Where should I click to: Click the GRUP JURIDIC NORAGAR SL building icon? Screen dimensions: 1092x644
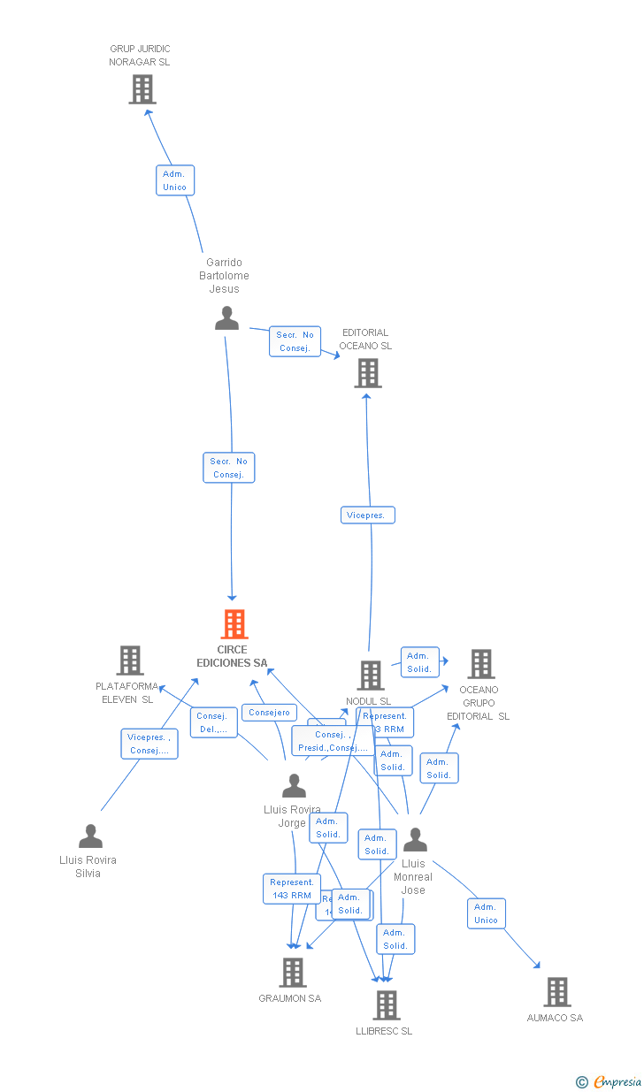(x=142, y=89)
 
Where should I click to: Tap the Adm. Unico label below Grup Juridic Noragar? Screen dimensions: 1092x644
(x=174, y=180)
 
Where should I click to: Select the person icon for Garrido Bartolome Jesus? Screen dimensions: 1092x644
(x=226, y=318)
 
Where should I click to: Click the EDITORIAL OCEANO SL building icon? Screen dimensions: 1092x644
(x=367, y=373)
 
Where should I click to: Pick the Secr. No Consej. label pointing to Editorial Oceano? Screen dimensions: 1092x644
(x=295, y=341)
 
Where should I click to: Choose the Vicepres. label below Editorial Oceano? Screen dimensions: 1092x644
(x=367, y=515)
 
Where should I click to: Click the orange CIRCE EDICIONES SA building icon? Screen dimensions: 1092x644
(x=234, y=624)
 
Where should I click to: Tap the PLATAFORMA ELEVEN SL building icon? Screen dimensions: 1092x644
(x=130, y=661)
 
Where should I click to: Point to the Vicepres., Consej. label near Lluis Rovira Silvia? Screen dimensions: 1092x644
(x=149, y=744)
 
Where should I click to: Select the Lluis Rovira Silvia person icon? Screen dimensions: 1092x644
(x=90, y=836)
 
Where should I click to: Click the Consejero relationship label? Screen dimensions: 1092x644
(x=270, y=713)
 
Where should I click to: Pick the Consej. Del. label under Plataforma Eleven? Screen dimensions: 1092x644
(x=212, y=722)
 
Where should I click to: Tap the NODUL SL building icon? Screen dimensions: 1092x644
(x=370, y=676)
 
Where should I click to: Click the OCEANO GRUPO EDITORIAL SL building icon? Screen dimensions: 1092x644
(x=480, y=664)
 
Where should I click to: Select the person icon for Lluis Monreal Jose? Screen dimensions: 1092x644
(x=415, y=840)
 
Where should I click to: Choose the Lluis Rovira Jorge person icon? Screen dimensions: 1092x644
(x=294, y=786)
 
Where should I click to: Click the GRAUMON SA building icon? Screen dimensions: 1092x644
(x=292, y=973)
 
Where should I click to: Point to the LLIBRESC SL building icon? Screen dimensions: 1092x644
(x=386, y=1005)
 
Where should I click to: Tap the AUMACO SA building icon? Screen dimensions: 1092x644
(x=556, y=992)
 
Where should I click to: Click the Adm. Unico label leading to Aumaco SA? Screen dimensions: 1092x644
(x=486, y=913)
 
